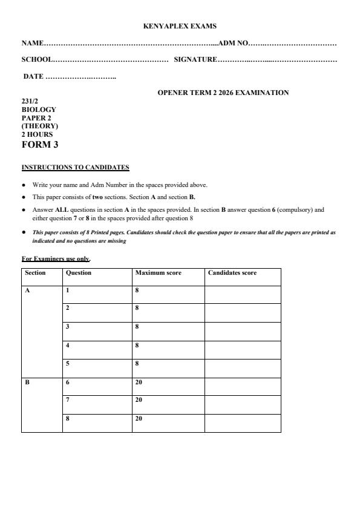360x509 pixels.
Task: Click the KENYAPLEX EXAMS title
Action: pos(180,26)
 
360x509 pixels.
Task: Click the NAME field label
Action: pos(33,43)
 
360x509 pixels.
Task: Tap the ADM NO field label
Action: pos(233,43)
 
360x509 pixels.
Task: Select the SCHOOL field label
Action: pos(37,59)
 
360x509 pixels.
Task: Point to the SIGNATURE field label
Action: pos(195,59)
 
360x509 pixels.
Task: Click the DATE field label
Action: pos(33,76)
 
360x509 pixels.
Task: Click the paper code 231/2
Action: pos(30,101)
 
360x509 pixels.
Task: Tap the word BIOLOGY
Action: pos(39,110)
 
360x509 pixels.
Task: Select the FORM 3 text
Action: pos(40,145)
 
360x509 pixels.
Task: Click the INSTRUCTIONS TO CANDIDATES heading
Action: pos(76,167)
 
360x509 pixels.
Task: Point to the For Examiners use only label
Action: pos(56,259)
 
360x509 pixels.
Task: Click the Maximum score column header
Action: pos(158,273)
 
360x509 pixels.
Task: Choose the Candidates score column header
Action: pos(232,273)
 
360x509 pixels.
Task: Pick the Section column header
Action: pos(35,273)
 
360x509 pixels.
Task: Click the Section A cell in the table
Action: pos(27,291)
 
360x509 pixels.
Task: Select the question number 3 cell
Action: pos(68,327)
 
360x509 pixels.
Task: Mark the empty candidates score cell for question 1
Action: pos(242,294)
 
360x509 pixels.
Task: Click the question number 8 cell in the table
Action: pos(68,418)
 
